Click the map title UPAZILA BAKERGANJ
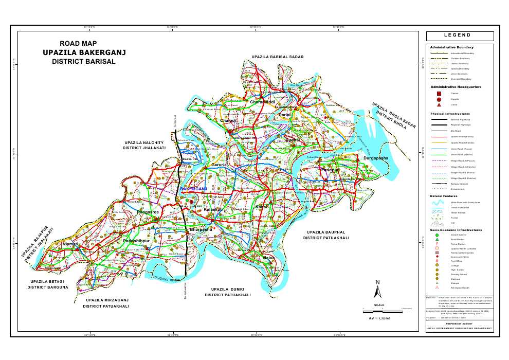coord(84,52)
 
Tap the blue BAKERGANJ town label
coord(193,189)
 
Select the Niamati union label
coord(70,244)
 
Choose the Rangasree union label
coord(148,211)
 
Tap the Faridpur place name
coord(330,169)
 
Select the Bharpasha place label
coord(201,229)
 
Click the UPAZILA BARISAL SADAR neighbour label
coord(278,57)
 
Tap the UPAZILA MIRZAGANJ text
coord(107,300)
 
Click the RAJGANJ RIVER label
coord(167,278)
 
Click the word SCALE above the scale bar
coord(379,305)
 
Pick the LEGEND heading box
coord(460,36)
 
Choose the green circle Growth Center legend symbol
coord(437,235)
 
